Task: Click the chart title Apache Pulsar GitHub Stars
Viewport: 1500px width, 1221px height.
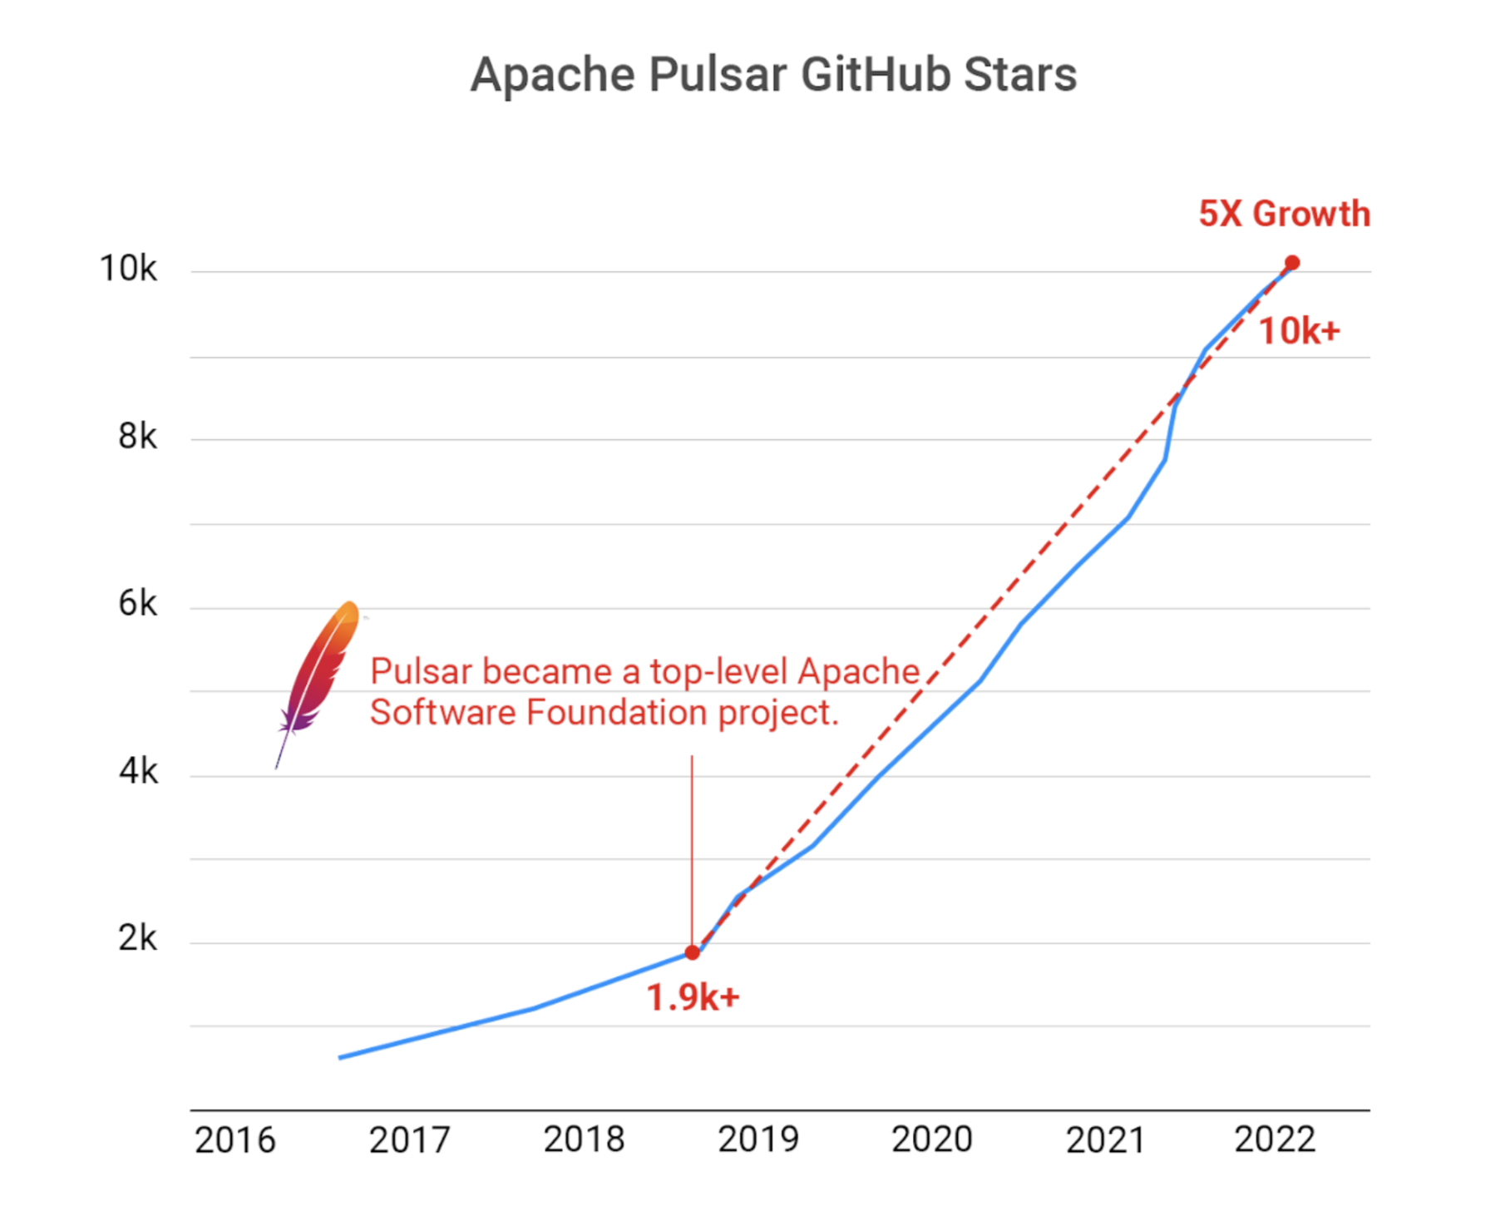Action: pos(773,75)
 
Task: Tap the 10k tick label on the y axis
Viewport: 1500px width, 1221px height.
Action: pos(128,269)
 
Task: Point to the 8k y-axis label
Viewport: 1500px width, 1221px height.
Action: pos(137,436)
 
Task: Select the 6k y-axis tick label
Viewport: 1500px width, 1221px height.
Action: pos(137,604)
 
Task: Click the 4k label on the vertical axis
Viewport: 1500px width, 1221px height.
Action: pos(137,772)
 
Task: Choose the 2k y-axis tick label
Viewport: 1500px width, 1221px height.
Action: pos(137,938)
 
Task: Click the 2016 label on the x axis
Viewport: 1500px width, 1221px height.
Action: pos(234,1139)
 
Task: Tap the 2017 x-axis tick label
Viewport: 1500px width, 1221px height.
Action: pos(409,1139)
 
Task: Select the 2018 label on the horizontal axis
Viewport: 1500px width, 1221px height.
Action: pos(584,1139)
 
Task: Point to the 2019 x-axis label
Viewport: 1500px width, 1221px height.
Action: pos(758,1139)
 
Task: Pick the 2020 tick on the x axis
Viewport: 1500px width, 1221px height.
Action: pos(932,1139)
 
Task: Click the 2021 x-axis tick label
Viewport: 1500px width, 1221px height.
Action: pos(1106,1139)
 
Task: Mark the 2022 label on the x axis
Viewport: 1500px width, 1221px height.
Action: pos(1275,1139)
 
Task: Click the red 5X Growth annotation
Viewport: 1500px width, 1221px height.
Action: pos(1284,214)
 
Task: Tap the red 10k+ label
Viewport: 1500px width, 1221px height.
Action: pos(1299,331)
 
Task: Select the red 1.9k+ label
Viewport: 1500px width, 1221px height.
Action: pos(693,997)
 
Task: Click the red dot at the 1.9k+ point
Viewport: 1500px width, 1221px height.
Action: pos(692,952)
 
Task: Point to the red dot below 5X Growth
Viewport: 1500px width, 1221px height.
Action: pos(1291,263)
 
